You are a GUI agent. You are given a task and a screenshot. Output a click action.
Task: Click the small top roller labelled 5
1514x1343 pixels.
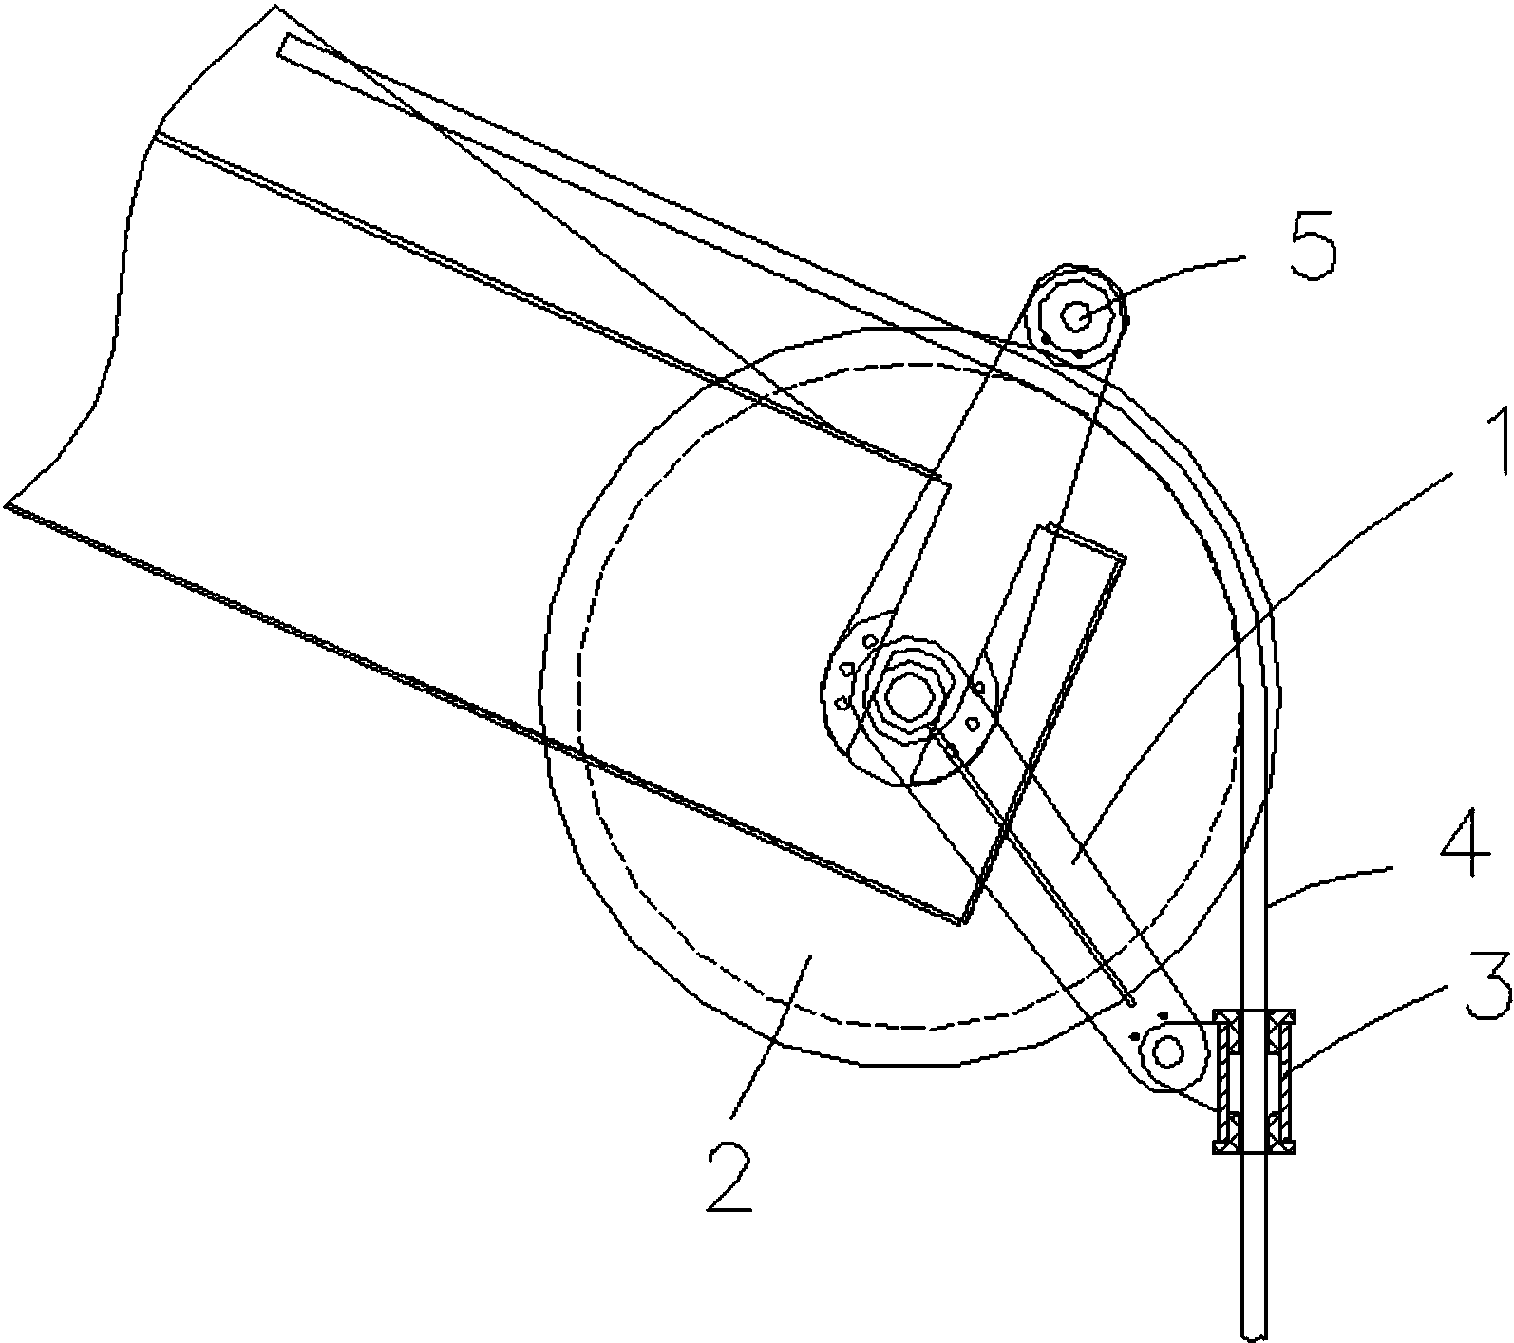click(1077, 316)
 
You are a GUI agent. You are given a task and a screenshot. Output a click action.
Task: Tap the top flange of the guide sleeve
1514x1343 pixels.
click(1255, 1013)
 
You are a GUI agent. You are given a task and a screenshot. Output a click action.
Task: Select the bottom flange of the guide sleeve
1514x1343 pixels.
click(1255, 1149)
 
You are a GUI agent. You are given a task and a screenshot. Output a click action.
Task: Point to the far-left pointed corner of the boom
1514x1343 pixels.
click(6, 505)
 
